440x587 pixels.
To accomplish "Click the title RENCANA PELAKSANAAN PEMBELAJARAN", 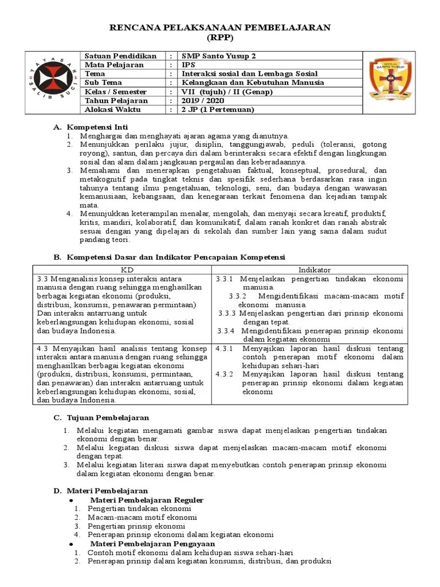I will point(220,28).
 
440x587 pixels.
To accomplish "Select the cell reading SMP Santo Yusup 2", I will point(219,56).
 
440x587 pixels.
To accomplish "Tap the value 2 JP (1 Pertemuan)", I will point(217,109).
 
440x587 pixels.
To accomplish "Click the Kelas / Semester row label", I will point(115,92).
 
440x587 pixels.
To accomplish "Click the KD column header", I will point(124,269).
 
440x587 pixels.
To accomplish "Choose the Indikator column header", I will point(314,269).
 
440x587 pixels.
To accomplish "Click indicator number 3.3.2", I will point(237,296).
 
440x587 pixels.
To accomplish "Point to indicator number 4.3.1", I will point(225,349).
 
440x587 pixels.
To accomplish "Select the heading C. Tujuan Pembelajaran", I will point(101,417).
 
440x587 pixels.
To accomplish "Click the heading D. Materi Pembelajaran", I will point(100,491).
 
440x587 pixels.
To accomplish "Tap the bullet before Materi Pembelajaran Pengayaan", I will point(70,543).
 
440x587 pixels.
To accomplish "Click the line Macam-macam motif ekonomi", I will point(134,517).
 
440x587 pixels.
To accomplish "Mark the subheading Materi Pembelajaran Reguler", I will point(146,500).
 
